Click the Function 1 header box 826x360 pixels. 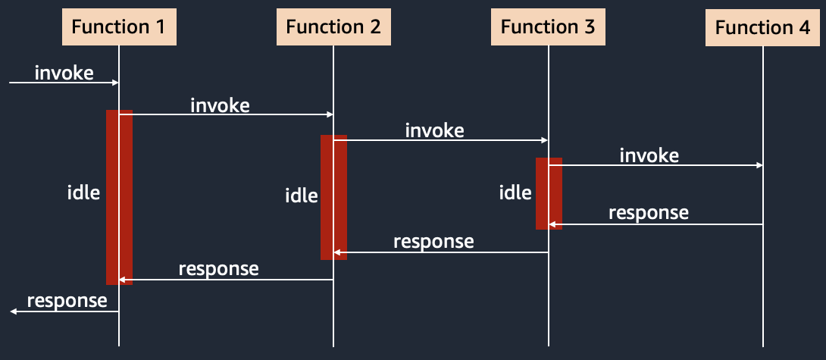pyautogui.click(x=118, y=27)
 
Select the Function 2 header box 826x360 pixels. pyautogui.click(x=333, y=27)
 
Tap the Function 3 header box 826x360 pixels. pyautogui.click(x=548, y=27)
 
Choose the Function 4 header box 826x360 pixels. pyautogui.click(x=762, y=27)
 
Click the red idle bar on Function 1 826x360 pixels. pyautogui.click(x=119, y=197)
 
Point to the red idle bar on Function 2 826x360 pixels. pyautogui.click(x=333, y=197)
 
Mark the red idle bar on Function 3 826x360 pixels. pyautogui.click(x=549, y=193)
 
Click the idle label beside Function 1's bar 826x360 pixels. pyautogui.click(x=84, y=193)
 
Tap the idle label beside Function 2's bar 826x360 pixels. pyautogui.click(x=302, y=196)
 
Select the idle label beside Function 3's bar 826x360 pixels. pyautogui.click(x=515, y=193)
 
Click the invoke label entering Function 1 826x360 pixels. pyautogui.click(x=64, y=73)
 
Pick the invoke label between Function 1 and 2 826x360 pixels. pyautogui.click(x=220, y=105)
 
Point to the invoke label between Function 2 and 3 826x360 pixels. pyautogui.click(x=435, y=130)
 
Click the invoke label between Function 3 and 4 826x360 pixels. pyautogui.click(x=649, y=155)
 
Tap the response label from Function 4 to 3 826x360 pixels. pyautogui.click(x=649, y=212)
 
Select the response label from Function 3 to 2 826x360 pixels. pyautogui.click(x=433, y=242)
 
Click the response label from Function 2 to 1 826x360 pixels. pyautogui.click(x=218, y=269)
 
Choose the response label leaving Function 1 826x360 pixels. pyautogui.click(x=67, y=300)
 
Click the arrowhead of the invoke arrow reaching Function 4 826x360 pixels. pyautogui.click(x=759, y=165)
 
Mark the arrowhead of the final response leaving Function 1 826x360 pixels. pyautogui.click(x=13, y=311)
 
